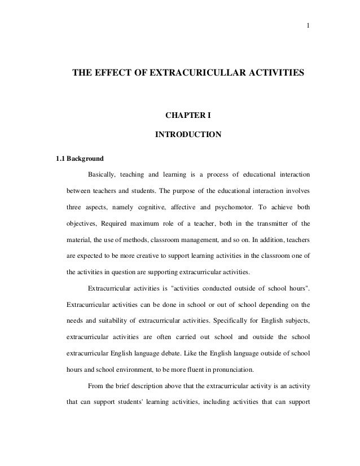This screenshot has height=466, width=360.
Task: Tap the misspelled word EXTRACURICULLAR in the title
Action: pyautogui.click(x=195, y=74)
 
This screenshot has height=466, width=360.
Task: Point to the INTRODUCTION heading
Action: pyautogui.click(x=188, y=135)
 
